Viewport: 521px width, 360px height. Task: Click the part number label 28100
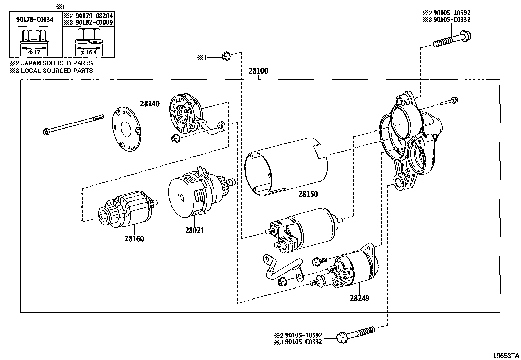258,71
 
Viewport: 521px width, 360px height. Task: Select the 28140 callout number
150,104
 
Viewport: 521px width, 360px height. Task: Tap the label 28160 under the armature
134,238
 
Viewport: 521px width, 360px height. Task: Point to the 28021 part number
194,230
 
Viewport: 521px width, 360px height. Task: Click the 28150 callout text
308,194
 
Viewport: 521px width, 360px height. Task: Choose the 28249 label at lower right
359,298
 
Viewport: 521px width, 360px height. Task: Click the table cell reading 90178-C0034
35,19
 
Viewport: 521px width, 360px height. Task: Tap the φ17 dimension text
34,52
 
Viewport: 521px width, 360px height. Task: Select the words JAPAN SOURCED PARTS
57,63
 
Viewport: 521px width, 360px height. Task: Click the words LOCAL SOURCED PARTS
57,71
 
